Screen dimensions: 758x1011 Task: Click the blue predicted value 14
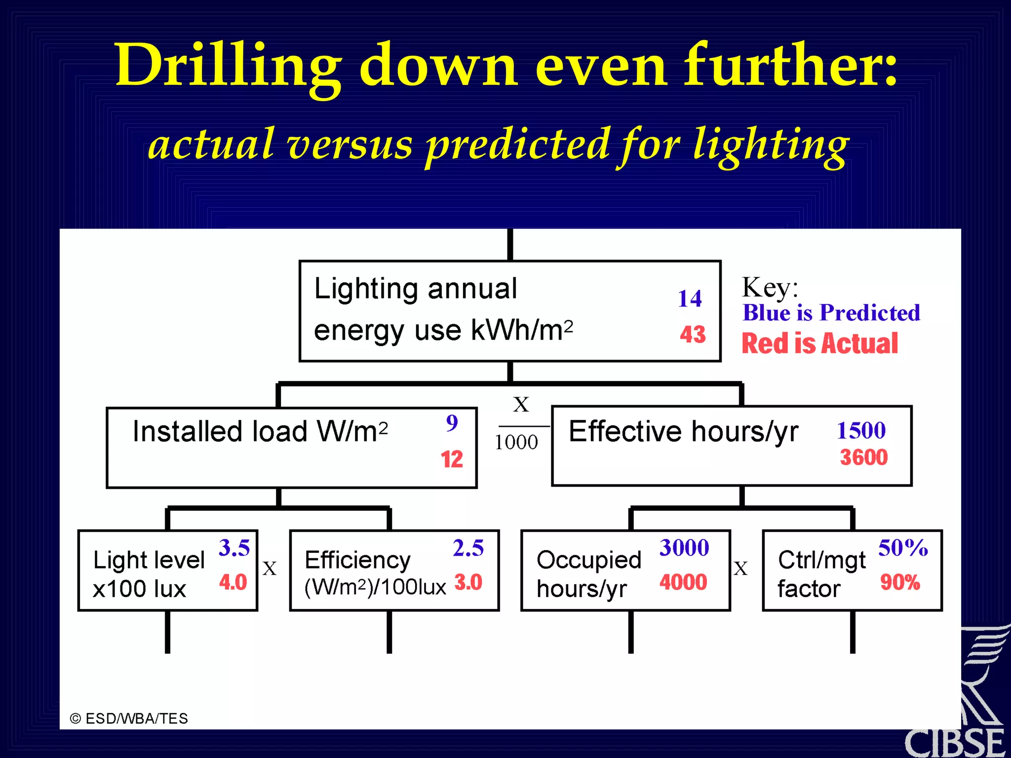point(689,299)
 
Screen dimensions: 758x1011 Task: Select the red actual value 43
point(692,334)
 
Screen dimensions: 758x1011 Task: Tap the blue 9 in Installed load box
point(452,423)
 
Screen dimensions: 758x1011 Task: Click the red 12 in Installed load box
point(451,459)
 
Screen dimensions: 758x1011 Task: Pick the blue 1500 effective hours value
point(861,430)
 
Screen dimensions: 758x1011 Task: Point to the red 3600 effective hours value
point(863,457)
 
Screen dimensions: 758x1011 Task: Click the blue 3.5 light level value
point(234,548)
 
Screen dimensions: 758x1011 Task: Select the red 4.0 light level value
point(233,582)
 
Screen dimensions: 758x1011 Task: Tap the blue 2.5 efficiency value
point(468,548)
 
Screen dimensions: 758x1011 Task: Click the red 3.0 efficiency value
point(468,582)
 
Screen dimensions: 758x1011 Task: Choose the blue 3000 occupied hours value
point(684,548)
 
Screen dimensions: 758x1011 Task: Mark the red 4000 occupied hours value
point(683,582)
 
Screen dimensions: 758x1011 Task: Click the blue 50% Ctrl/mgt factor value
point(902,548)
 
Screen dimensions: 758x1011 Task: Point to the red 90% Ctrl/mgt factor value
point(899,582)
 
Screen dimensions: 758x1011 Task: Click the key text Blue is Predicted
point(831,313)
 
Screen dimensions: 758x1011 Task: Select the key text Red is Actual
point(819,343)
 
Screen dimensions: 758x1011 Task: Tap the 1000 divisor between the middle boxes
point(516,442)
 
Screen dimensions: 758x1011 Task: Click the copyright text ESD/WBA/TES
point(129,719)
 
